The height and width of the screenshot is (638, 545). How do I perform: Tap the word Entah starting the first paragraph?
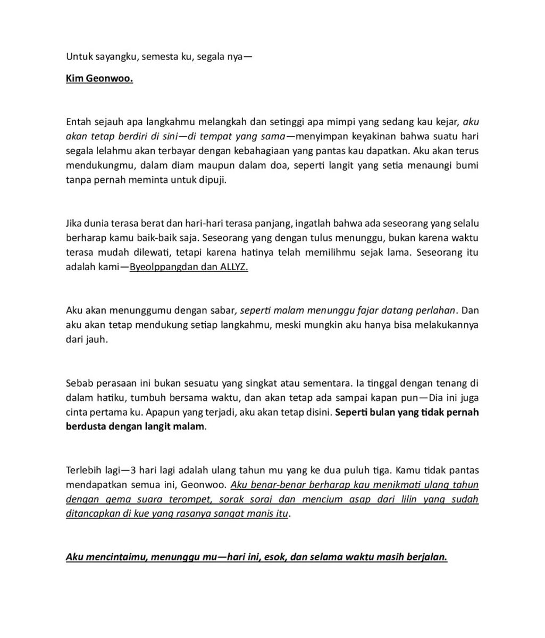click(79, 122)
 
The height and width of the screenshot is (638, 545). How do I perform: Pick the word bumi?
click(467, 165)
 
